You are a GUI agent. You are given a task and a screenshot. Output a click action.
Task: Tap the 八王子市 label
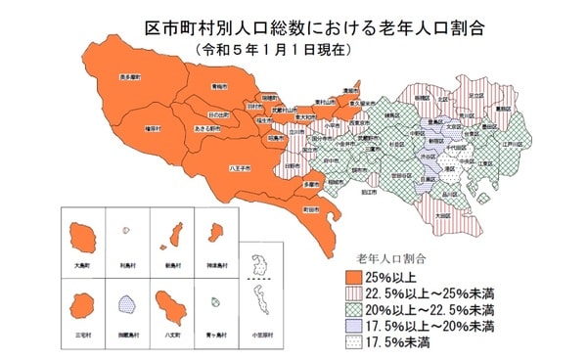coord(241,168)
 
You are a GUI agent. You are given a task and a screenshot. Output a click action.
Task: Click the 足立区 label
coord(474,96)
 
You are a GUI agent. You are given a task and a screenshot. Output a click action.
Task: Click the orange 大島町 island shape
coord(81,236)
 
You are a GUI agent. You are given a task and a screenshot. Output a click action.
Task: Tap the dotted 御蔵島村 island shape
coord(127,308)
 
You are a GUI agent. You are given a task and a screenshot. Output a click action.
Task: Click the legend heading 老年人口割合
coord(392,257)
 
